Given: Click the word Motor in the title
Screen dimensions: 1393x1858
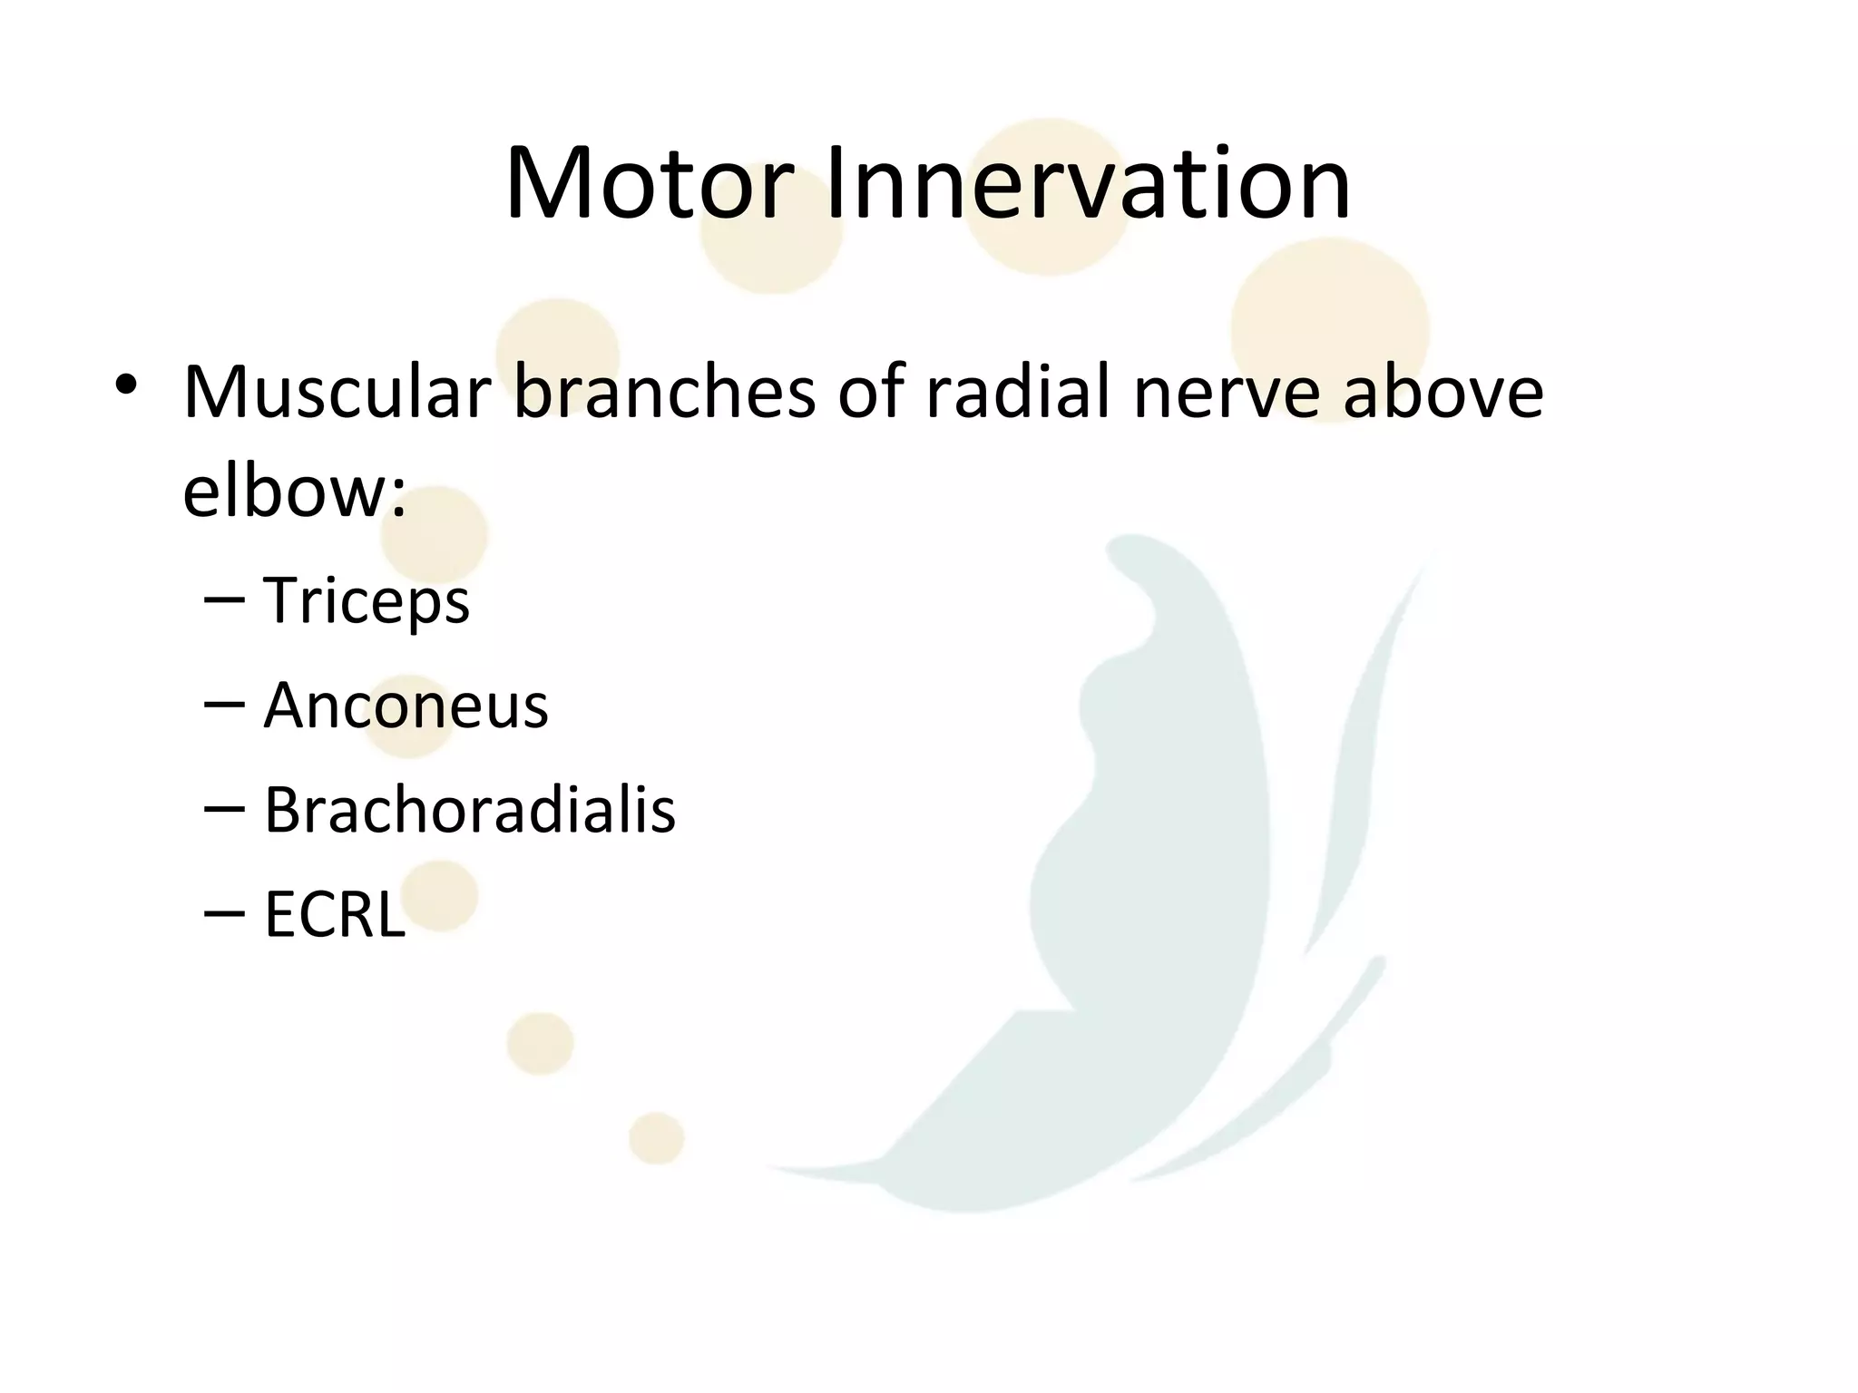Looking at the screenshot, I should coord(649,185).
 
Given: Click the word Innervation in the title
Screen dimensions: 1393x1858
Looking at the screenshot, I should coord(1088,185).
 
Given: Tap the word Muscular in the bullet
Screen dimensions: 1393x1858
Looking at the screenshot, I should coord(337,394).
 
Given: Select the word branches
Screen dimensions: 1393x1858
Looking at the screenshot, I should coord(664,392).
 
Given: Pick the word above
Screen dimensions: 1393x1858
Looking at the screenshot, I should coord(1442,392).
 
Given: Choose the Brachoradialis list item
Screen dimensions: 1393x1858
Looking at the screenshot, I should coord(469,810).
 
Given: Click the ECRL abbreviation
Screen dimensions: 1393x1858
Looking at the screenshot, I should coord(334,914).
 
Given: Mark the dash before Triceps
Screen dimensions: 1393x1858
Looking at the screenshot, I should coord(224,599).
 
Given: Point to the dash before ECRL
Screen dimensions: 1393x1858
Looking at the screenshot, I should coord(224,912).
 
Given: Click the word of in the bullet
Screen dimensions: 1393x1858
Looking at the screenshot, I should coord(869,392).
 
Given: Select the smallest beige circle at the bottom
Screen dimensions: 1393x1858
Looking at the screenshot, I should coord(656,1138).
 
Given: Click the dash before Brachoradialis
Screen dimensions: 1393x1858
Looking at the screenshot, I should coord(224,808).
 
